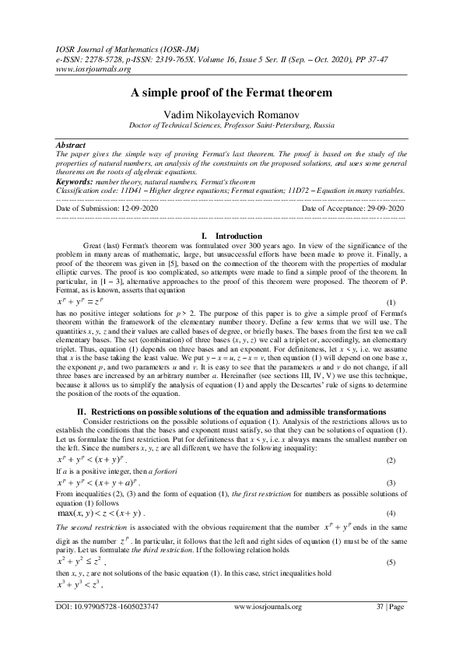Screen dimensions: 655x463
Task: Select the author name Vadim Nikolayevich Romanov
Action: coord(231,114)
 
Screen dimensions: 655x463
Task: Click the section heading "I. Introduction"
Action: coord(231,236)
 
